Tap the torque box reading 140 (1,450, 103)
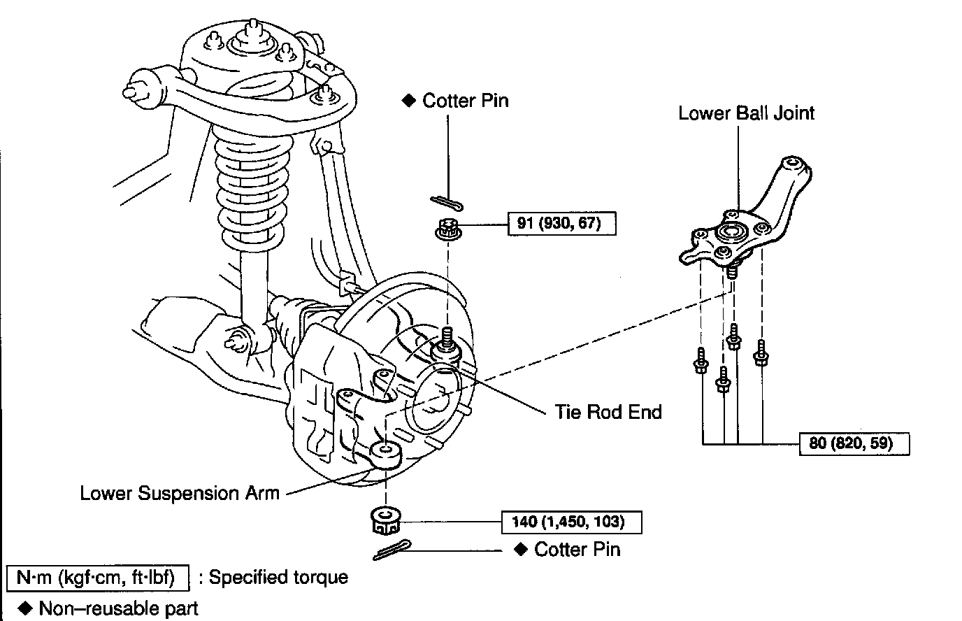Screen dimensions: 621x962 coord(572,522)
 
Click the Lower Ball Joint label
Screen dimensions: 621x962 coord(746,113)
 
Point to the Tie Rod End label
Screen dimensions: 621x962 coord(608,412)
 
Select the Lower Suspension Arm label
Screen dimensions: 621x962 coord(180,493)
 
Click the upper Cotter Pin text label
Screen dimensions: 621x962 coord(465,101)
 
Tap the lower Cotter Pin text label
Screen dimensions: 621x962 coord(577,549)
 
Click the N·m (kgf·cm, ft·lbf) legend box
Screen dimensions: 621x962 coord(98,578)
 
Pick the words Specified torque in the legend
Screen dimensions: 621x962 coord(278,578)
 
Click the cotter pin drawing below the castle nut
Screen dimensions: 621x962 coord(393,550)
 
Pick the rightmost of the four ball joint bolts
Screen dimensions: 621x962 coord(761,355)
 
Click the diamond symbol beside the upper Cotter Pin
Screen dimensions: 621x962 coord(408,101)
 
